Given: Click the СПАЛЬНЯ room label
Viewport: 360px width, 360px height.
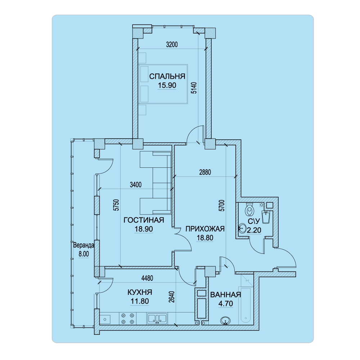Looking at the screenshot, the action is pos(167,76).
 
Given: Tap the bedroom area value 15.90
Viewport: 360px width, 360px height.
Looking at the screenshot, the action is pos(167,85).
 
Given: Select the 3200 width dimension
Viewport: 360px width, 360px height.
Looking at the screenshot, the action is pos(172,44).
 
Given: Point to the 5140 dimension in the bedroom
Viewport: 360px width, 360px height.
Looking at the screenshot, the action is pos(194,88).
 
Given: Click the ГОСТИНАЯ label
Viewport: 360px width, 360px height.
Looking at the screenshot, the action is pos(144,220).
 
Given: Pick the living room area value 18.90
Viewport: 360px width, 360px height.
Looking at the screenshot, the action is pos(144,229).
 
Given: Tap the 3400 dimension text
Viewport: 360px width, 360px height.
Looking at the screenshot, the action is pos(136,185).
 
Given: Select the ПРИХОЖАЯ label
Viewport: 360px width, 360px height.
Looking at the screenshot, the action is pos(205,229).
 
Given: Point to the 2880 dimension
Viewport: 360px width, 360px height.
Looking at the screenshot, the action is pos(205,172).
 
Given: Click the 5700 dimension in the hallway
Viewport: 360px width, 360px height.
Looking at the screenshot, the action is pos(221,206).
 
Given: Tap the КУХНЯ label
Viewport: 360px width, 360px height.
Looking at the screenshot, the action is pos(140,292).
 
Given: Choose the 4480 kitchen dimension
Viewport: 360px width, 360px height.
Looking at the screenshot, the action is pos(147,278).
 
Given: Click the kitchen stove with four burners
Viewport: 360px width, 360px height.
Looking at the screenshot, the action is pos(127,319).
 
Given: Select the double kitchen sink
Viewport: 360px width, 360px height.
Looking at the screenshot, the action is pos(157,319).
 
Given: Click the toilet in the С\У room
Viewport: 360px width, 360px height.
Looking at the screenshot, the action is pos(249,208).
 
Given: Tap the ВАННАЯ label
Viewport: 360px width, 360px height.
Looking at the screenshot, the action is pos(226,295).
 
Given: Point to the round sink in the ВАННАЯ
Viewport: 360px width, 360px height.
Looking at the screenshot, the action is pos(225,321).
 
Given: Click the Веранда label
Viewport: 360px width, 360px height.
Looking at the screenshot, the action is pos(84,245).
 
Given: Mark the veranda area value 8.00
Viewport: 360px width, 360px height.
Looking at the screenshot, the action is pos(84,254).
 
